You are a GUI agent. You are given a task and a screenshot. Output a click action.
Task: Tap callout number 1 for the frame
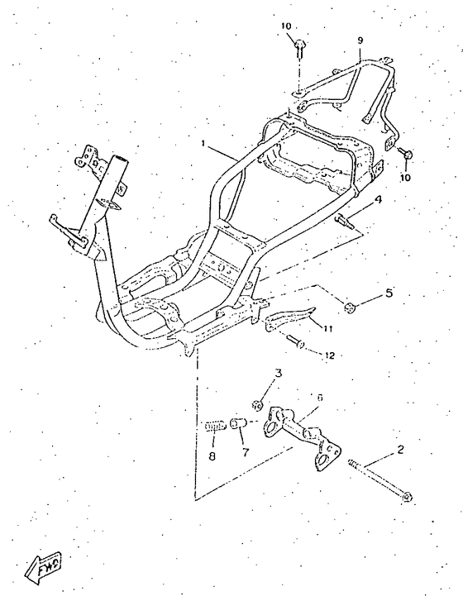(203, 143)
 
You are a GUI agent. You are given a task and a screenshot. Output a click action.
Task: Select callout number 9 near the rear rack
(360, 41)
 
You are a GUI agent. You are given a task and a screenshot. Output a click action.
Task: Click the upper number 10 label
(286, 26)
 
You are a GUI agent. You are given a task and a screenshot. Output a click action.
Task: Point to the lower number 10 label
(405, 178)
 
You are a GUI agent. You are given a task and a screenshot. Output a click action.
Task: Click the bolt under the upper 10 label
(298, 48)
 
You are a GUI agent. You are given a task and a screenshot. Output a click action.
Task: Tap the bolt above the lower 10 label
(405, 153)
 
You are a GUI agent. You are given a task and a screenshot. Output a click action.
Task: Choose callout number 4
(378, 199)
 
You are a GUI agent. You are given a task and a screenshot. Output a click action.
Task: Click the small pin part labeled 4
(344, 222)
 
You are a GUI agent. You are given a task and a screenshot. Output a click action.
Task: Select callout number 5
(389, 293)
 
